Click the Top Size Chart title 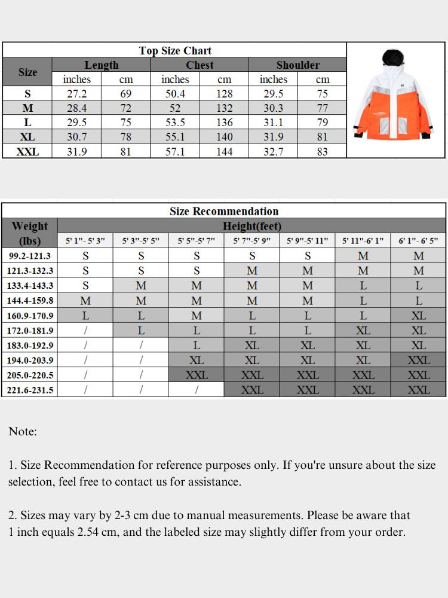(175, 51)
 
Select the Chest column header (200, 65)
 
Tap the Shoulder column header (297, 65)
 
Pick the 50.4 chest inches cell (175, 94)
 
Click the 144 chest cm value (224, 152)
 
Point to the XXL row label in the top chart (27, 152)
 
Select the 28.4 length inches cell (77, 108)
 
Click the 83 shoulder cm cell (323, 152)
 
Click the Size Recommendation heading (224, 211)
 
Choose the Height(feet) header (251, 226)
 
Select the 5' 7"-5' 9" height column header (251, 241)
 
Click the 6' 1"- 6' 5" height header (418, 241)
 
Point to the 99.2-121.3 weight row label (30, 256)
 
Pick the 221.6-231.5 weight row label (30, 390)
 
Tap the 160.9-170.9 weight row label (30, 316)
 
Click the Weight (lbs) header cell (29, 233)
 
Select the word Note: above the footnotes (23, 431)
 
